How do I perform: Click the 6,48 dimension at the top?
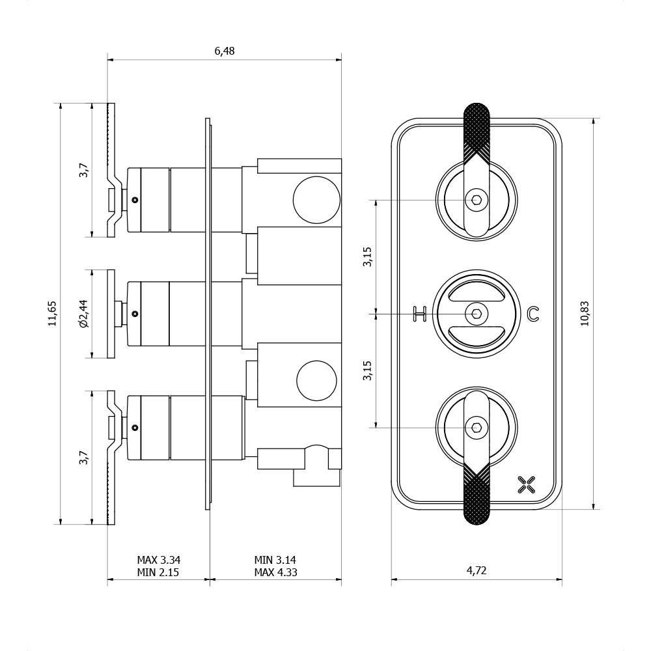coord(224,51)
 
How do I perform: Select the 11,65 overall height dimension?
coord(52,313)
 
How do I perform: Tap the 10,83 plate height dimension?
coord(585,313)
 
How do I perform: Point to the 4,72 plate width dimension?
coord(476,571)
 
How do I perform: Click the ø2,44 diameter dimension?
coord(83,313)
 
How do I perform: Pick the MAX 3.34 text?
coord(158,560)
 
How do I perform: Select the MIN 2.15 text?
coord(158,573)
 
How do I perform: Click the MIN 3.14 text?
coord(275,560)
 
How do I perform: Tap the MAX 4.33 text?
coord(275,573)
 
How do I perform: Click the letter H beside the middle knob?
coord(420,314)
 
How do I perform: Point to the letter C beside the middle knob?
coord(533,314)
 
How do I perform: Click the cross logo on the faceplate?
coord(526,484)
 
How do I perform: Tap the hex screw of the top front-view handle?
coord(477,200)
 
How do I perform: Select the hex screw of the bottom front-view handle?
coord(477,427)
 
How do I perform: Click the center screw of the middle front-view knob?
coord(477,314)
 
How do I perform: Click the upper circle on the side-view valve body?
coord(317,200)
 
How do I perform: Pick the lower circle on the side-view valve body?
coord(317,380)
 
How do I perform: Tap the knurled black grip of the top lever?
coord(476,130)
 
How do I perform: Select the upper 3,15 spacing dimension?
coord(368,256)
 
